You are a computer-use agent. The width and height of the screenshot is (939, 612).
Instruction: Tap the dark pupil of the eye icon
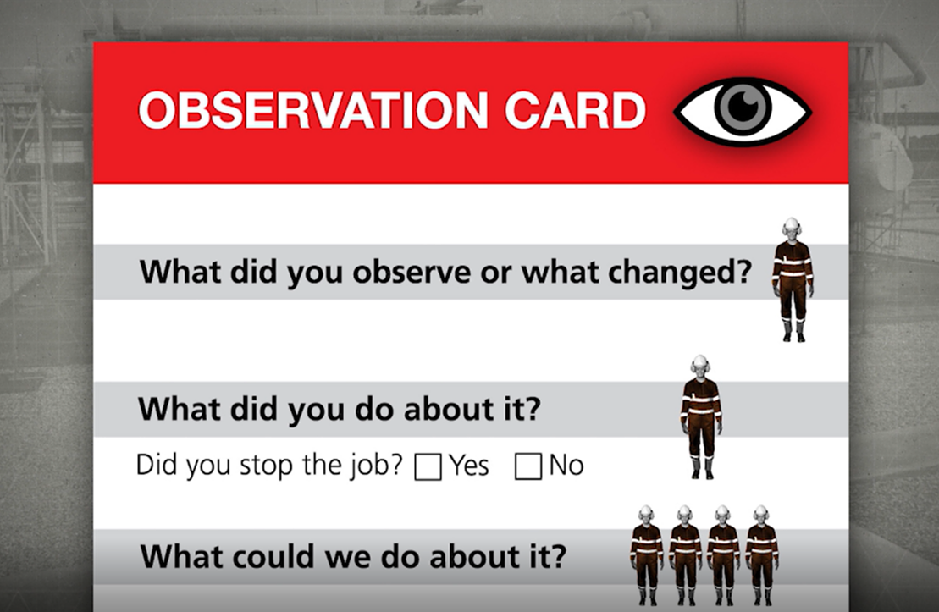point(743,106)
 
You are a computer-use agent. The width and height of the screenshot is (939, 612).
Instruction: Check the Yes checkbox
point(428,467)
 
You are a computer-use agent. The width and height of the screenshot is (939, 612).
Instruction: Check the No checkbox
point(527,467)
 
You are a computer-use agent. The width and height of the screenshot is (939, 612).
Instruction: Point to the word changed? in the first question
point(678,272)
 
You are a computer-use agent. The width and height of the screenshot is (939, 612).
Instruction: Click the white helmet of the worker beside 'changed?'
point(792,227)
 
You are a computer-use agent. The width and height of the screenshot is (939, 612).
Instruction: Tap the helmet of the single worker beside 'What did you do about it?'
point(699,365)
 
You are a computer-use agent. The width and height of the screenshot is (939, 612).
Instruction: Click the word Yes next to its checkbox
point(469,466)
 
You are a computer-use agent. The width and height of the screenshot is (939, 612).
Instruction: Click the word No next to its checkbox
point(566,466)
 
